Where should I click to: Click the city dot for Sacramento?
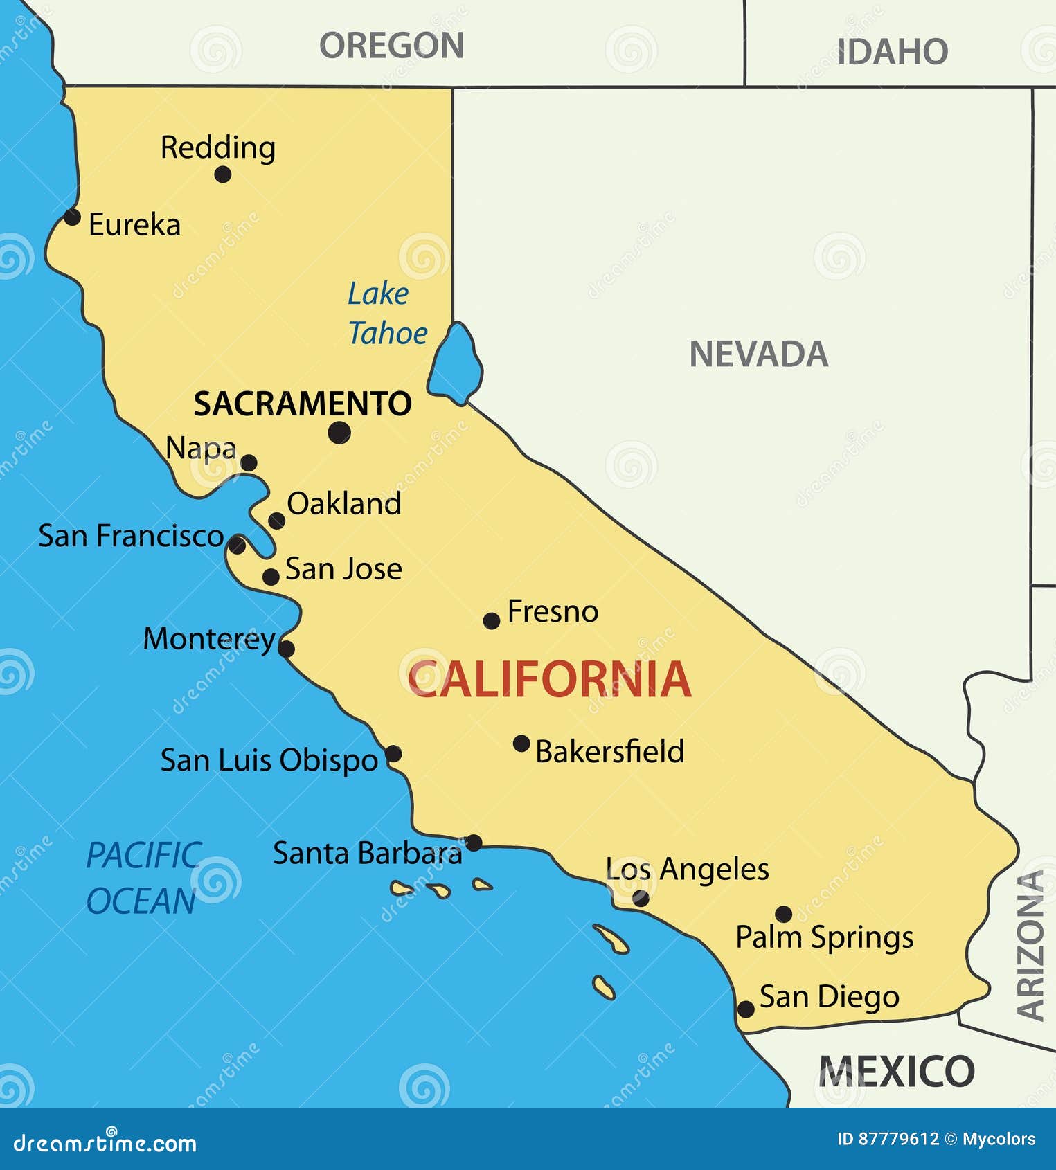[339, 433]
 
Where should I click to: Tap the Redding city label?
[218, 148]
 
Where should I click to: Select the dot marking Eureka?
[72, 217]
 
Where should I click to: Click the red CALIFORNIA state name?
[549, 679]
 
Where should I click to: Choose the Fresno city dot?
[492, 620]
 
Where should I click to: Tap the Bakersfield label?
[609, 752]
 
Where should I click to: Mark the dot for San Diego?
[746, 1009]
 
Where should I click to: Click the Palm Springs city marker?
[783, 914]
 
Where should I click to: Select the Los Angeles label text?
[687, 870]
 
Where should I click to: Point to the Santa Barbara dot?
[474, 843]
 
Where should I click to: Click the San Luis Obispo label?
[269, 760]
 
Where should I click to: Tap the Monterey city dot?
[286, 649]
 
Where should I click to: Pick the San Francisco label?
[131, 536]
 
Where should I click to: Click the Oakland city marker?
[276, 521]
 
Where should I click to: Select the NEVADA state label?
[758, 354]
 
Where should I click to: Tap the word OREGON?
[391, 46]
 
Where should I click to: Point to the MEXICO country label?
[897, 1072]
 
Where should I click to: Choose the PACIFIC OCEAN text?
[143, 878]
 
